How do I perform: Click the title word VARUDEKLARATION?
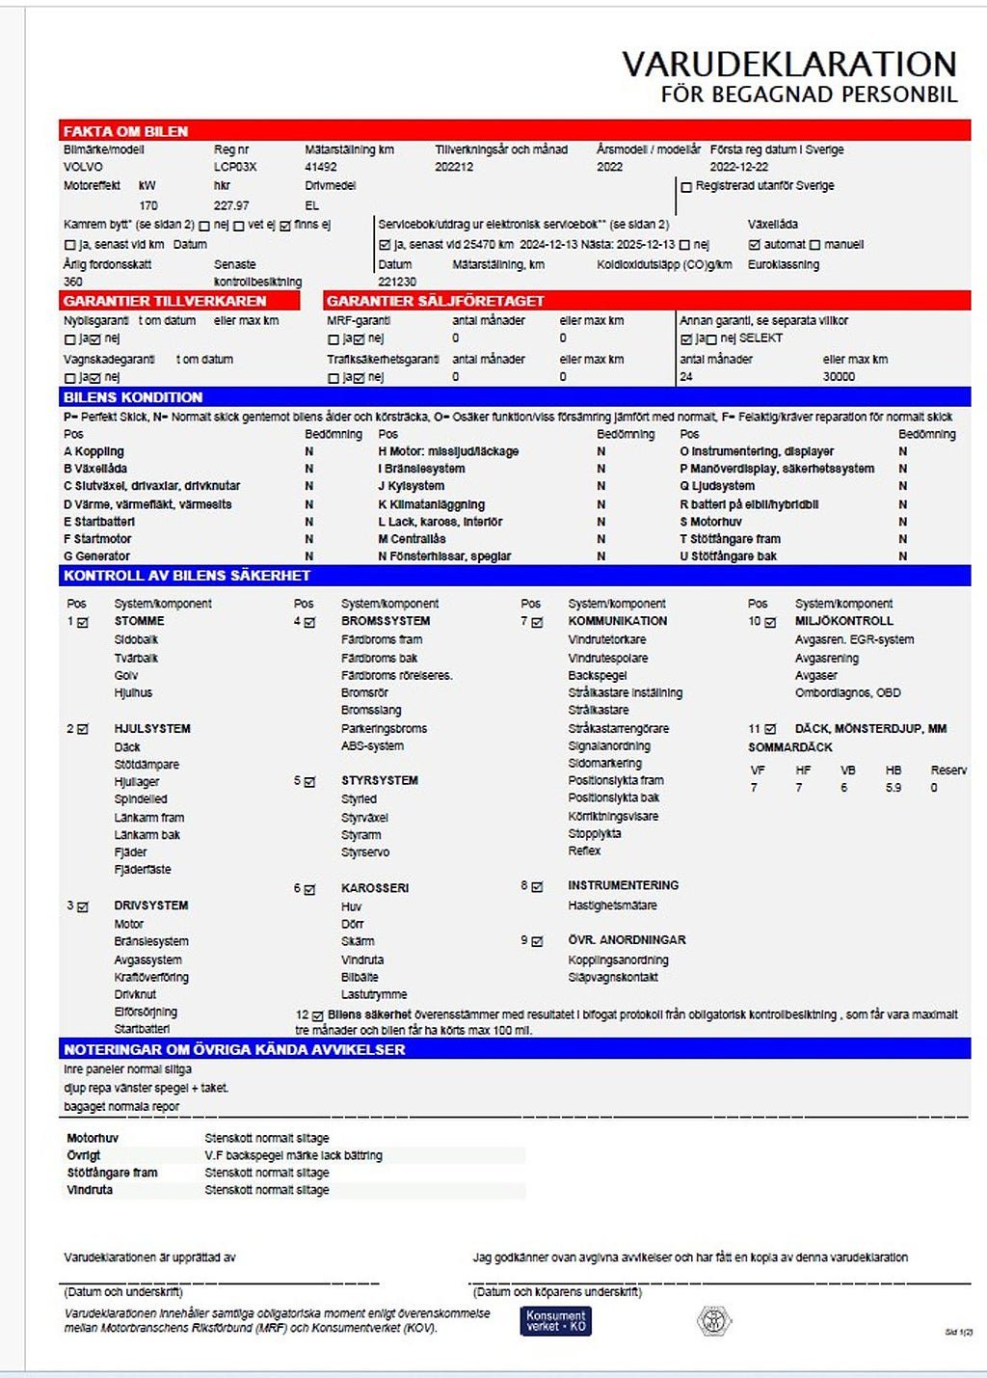[788, 65]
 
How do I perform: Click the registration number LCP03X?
[235, 167]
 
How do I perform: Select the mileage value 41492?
[321, 167]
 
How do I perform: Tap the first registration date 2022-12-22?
[739, 167]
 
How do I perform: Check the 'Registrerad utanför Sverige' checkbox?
[686, 187]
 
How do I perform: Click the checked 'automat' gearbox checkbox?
[755, 245]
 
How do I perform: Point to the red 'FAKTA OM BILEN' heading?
[125, 131]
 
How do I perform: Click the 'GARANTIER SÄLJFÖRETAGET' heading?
[436, 301]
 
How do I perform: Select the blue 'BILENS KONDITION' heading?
[133, 397]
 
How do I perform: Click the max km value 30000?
[839, 377]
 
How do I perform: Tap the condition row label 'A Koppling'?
[93, 451]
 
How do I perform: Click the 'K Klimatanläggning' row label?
[431, 504]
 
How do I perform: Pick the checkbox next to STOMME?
[83, 623]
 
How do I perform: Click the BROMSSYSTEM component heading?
[386, 621]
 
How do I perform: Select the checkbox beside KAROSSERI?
[309, 889]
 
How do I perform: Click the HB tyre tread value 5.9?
[894, 788]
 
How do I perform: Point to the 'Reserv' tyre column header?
[948, 770]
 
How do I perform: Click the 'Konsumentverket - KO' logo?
[556, 1320]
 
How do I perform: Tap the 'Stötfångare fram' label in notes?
[112, 1173]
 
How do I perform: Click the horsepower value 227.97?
[231, 205]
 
